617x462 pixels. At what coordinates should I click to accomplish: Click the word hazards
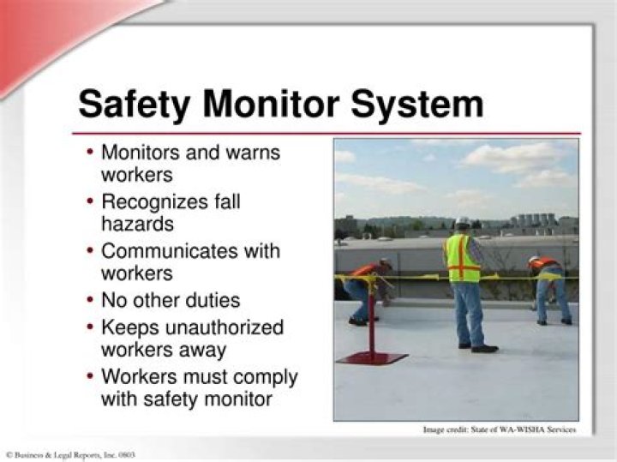137,224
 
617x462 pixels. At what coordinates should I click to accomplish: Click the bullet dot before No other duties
91,301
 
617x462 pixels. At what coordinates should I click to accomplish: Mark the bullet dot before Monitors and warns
91,153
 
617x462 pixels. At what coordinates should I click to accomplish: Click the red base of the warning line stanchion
371,357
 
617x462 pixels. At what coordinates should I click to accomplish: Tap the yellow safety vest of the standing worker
463,258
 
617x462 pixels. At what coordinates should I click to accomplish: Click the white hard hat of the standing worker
463,221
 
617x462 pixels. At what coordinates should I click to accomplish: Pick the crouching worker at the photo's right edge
548,287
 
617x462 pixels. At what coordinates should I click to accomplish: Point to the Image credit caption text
499,429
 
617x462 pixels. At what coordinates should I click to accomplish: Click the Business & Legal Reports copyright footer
70,454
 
